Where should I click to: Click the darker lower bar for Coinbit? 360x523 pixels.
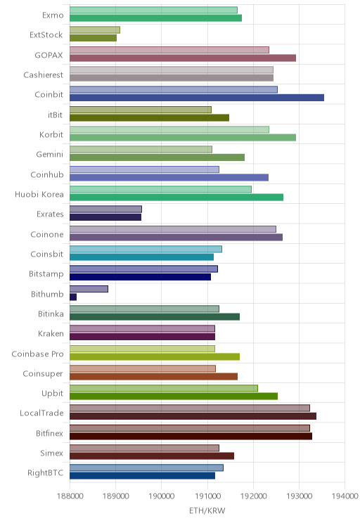(197, 98)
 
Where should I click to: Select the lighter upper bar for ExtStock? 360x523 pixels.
(95, 30)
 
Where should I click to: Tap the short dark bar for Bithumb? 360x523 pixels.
(73, 297)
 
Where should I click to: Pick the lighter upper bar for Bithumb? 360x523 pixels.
(89, 289)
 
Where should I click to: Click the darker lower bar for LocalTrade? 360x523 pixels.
(193, 416)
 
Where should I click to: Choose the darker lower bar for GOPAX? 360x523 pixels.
(183, 58)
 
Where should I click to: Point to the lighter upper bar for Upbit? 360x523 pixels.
(164, 388)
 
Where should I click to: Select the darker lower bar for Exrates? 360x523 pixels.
(105, 217)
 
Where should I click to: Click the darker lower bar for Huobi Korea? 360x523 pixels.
(176, 198)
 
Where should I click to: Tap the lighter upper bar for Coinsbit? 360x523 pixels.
(146, 249)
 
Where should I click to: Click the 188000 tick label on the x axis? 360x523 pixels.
(70, 496)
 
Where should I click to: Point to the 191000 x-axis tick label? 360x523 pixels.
(207, 496)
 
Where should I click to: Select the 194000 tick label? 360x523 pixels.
(345, 496)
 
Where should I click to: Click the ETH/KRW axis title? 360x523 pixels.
(207, 510)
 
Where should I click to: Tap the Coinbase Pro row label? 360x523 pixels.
(37, 354)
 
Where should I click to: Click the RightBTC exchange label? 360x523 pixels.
(46, 472)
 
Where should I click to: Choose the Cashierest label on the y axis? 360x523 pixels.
(43, 75)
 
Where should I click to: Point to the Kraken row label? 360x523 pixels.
(51, 333)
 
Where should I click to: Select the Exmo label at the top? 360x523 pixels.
(53, 15)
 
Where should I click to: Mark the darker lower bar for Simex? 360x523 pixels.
(152, 456)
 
